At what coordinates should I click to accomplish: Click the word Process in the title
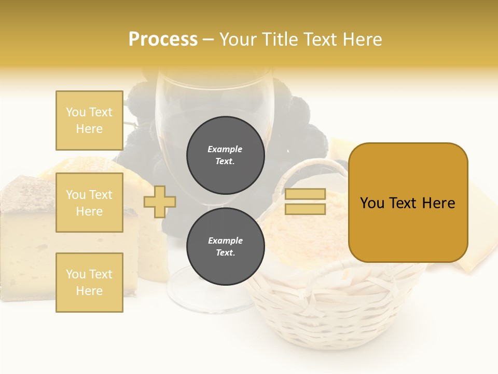coord(163,39)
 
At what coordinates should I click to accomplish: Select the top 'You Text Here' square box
coord(89,121)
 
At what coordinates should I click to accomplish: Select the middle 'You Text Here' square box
coord(89,203)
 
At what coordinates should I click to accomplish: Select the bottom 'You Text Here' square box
coord(89,282)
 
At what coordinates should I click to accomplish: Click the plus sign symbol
coord(160,202)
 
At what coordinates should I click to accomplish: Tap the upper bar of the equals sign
coord(305,194)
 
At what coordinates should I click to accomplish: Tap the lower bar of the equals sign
coord(305,209)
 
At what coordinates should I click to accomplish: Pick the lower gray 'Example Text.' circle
coord(225,246)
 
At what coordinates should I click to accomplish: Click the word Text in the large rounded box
coord(408,203)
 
